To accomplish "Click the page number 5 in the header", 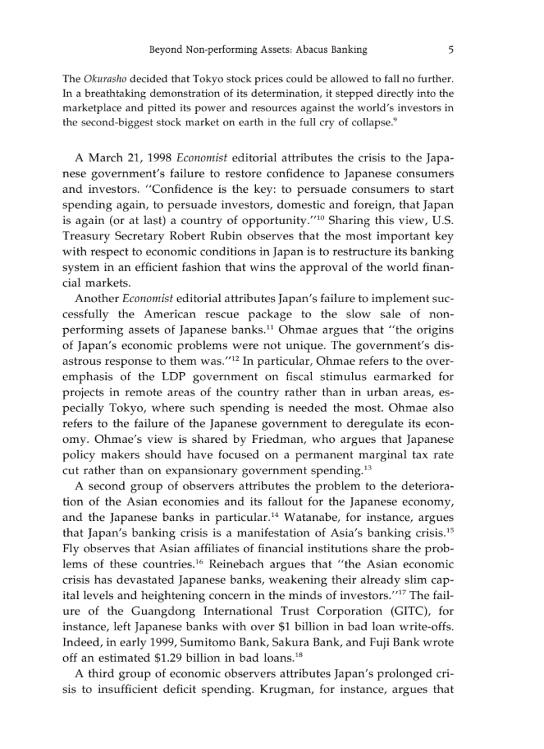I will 451,49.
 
